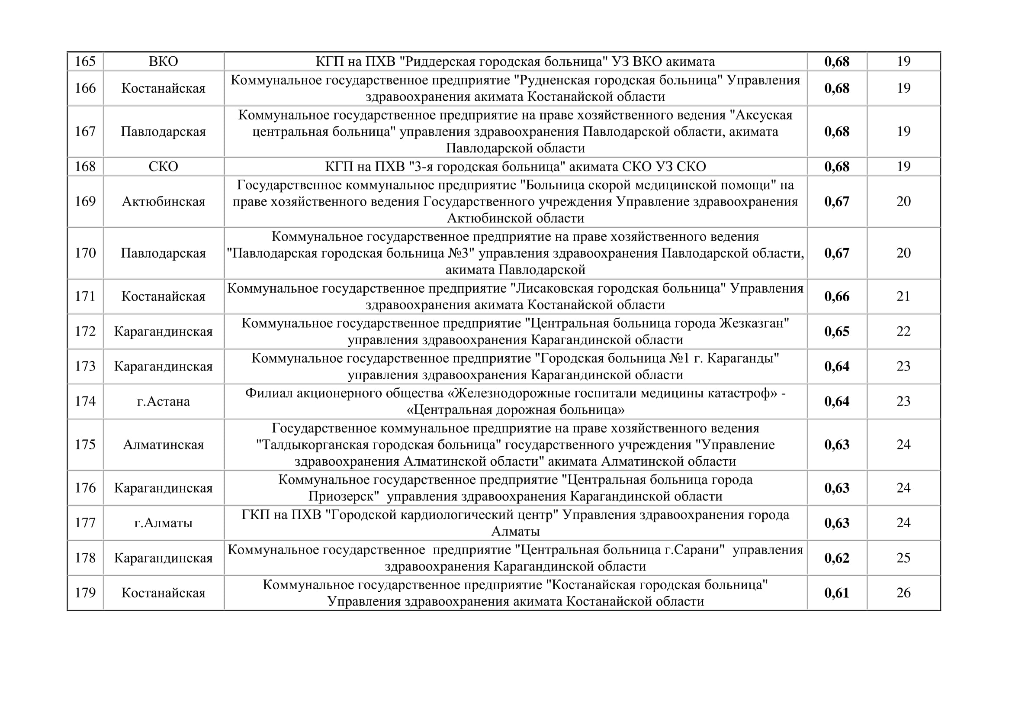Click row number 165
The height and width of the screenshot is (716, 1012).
[x=85, y=61]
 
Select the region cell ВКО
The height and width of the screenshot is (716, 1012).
[x=164, y=61]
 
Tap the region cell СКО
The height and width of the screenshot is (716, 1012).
[x=164, y=167]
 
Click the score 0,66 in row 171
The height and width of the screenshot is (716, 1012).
[x=837, y=297]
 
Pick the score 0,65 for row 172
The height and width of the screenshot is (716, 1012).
[x=837, y=332]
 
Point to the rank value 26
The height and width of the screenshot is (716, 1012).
[x=903, y=593]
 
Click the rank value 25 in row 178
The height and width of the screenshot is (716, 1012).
[x=903, y=558]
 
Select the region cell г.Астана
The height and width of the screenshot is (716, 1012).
[x=164, y=402]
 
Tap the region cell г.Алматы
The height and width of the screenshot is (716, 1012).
[x=164, y=523]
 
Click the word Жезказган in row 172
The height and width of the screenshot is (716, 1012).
[x=753, y=324]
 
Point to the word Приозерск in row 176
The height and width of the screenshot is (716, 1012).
[x=344, y=497]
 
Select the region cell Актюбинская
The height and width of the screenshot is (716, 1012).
[x=164, y=202]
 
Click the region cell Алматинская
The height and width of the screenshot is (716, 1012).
[x=164, y=445]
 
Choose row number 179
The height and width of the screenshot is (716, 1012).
[x=85, y=593]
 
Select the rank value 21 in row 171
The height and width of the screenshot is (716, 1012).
[x=903, y=296]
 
